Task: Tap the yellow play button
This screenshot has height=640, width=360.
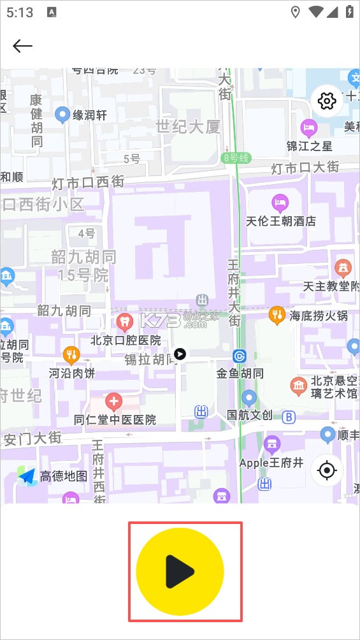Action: [x=180, y=571]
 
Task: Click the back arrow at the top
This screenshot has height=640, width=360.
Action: [x=22, y=46]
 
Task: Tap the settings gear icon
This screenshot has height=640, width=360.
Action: [x=328, y=101]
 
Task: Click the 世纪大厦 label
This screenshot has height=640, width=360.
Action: [x=188, y=126]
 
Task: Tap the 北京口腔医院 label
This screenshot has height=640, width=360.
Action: [x=126, y=340]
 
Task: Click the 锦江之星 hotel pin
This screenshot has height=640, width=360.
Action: [x=309, y=127]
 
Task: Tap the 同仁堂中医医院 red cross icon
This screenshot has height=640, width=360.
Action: [x=114, y=402]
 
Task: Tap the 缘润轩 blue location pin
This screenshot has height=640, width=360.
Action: [x=62, y=115]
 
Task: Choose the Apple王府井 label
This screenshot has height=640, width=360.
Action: [x=271, y=462]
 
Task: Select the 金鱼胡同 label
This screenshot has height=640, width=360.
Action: [x=240, y=373]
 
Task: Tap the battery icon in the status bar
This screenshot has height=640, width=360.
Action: [x=349, y=12]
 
